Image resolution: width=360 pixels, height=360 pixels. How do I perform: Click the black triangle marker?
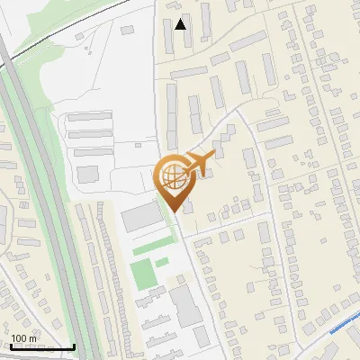coord(181,24)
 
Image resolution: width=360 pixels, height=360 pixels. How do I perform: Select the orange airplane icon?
coord(199,163)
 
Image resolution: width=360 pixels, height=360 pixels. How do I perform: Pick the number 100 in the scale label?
coord(19,338)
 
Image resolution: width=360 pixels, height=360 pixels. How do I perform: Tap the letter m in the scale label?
coord(32,338)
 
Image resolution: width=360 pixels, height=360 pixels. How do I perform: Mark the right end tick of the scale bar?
coord(74,345)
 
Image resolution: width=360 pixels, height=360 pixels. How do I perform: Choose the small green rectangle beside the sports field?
coord(161,263)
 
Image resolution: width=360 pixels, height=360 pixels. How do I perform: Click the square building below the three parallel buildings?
coord(87,173)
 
